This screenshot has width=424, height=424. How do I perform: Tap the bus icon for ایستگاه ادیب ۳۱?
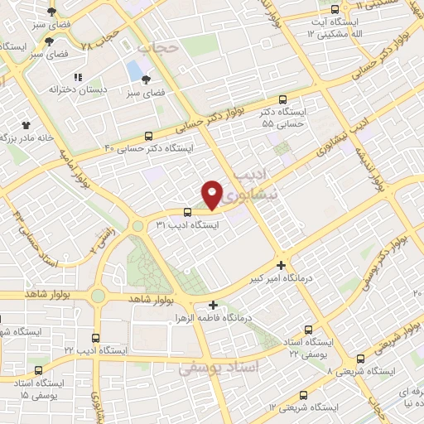coord(187,212)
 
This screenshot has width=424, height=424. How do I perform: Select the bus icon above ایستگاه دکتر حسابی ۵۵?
coord(284,98)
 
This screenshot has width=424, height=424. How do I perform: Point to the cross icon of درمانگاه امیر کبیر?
coord(282,266)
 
